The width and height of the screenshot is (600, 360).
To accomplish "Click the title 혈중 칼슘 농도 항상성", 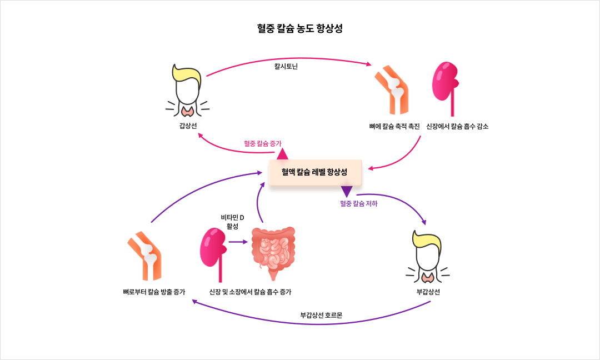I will point(300,29).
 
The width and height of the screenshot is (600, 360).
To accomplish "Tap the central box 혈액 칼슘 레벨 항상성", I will point(315,172).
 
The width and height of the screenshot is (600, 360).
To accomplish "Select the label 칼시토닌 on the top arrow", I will point(287,66).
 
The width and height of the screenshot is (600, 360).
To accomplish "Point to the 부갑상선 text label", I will point(428,292).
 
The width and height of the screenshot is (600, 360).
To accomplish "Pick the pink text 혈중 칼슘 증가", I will point(263,143).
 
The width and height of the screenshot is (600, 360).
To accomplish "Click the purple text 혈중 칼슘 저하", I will point(358,203).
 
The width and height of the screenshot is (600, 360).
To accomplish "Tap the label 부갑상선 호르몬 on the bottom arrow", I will point(321,315).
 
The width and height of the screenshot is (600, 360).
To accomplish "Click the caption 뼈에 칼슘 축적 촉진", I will point(394,126).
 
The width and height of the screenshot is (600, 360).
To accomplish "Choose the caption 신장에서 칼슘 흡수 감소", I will point(457,126).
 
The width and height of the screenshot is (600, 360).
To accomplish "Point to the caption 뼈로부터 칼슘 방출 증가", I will point(154,292).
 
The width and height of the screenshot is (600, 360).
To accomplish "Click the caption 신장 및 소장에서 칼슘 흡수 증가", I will point(250,292).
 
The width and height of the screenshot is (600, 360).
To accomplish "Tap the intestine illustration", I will point(273,253).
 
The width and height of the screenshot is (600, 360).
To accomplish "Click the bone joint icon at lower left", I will point(146,256).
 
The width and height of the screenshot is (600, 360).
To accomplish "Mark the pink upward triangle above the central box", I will point(282,154).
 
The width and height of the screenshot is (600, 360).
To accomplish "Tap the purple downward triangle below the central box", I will point(347,192).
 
